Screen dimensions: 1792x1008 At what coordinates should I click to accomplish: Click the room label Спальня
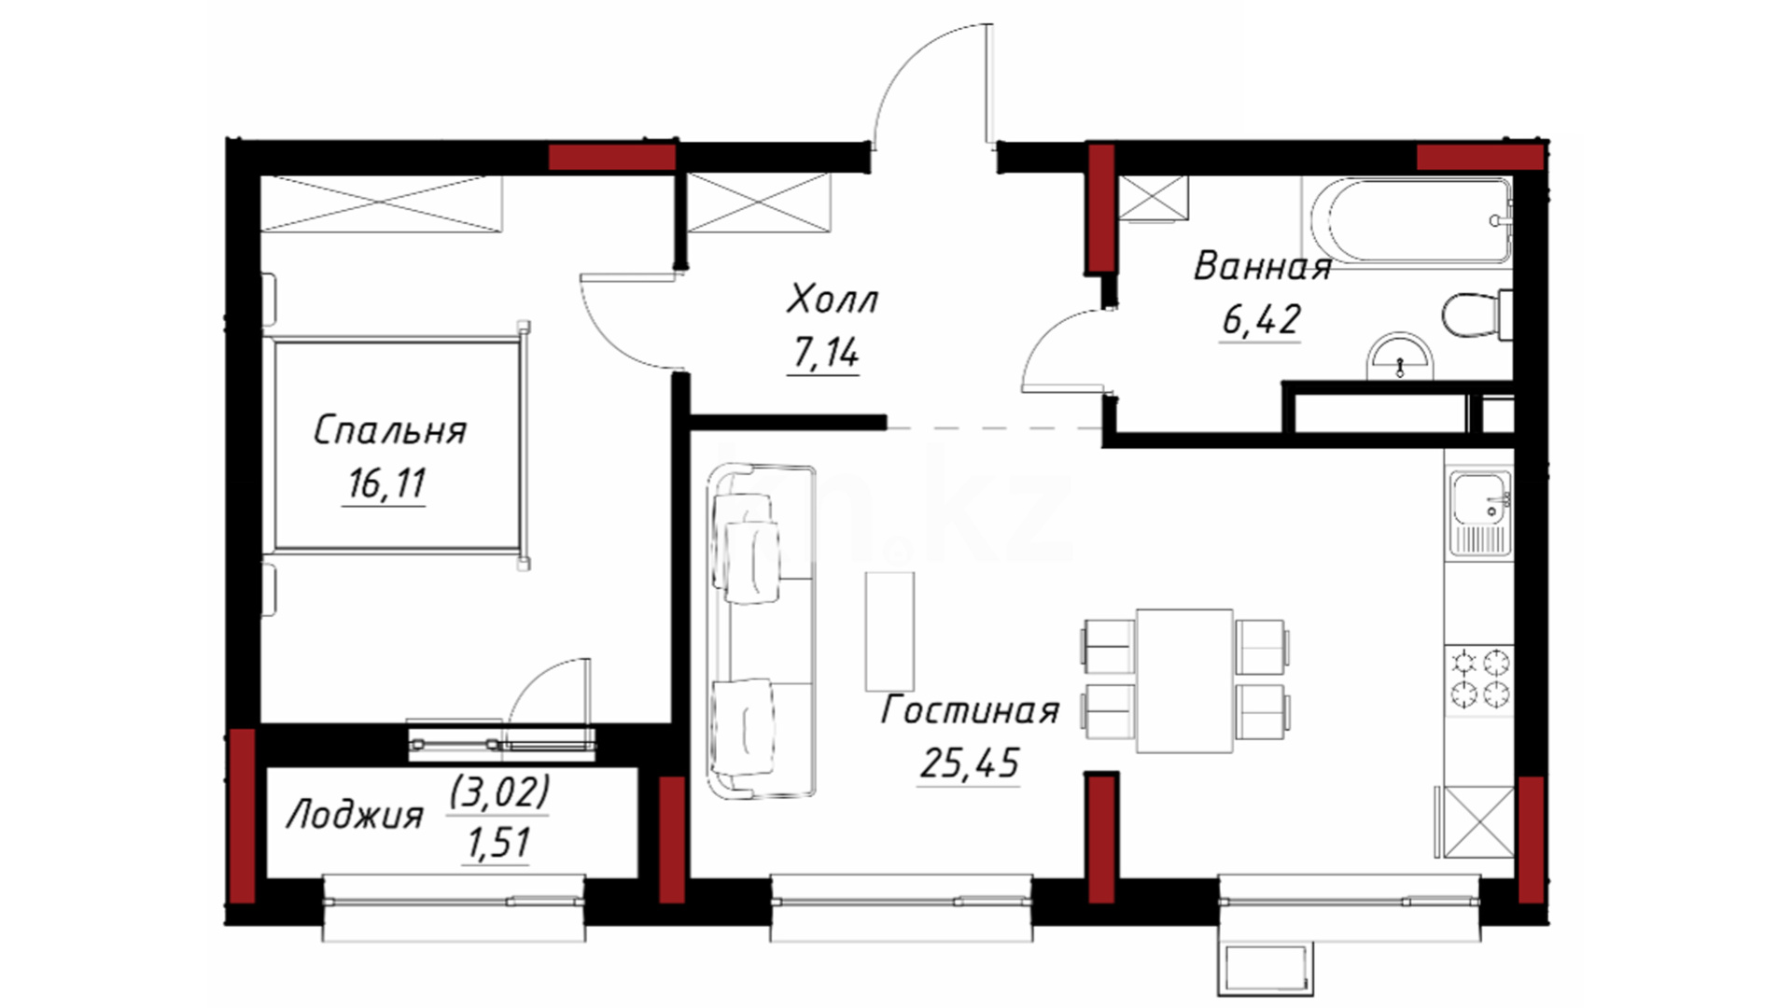point(389,430)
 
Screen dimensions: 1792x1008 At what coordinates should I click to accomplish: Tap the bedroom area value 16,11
point(386,483)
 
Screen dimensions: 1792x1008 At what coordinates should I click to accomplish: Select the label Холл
point(833,300)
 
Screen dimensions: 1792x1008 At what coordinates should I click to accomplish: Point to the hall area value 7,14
point(825,353)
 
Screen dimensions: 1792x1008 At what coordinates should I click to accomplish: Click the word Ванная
point(1262,267)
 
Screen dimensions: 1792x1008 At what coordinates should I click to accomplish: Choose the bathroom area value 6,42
point(1261,320)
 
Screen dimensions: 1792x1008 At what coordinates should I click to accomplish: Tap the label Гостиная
point(971,711)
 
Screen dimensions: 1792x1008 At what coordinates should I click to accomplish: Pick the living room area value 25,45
point(970,763)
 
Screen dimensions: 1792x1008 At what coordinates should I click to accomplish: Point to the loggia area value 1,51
point(497,843)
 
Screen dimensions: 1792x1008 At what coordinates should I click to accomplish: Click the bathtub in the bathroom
point(1409,221)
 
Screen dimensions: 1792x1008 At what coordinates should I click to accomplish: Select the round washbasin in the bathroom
point(1399,357)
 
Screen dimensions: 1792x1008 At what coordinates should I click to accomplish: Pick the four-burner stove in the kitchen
point(1479,679)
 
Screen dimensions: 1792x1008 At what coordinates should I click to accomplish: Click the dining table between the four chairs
point(1185,680)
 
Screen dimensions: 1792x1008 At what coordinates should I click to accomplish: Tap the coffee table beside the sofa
point(889,630)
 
